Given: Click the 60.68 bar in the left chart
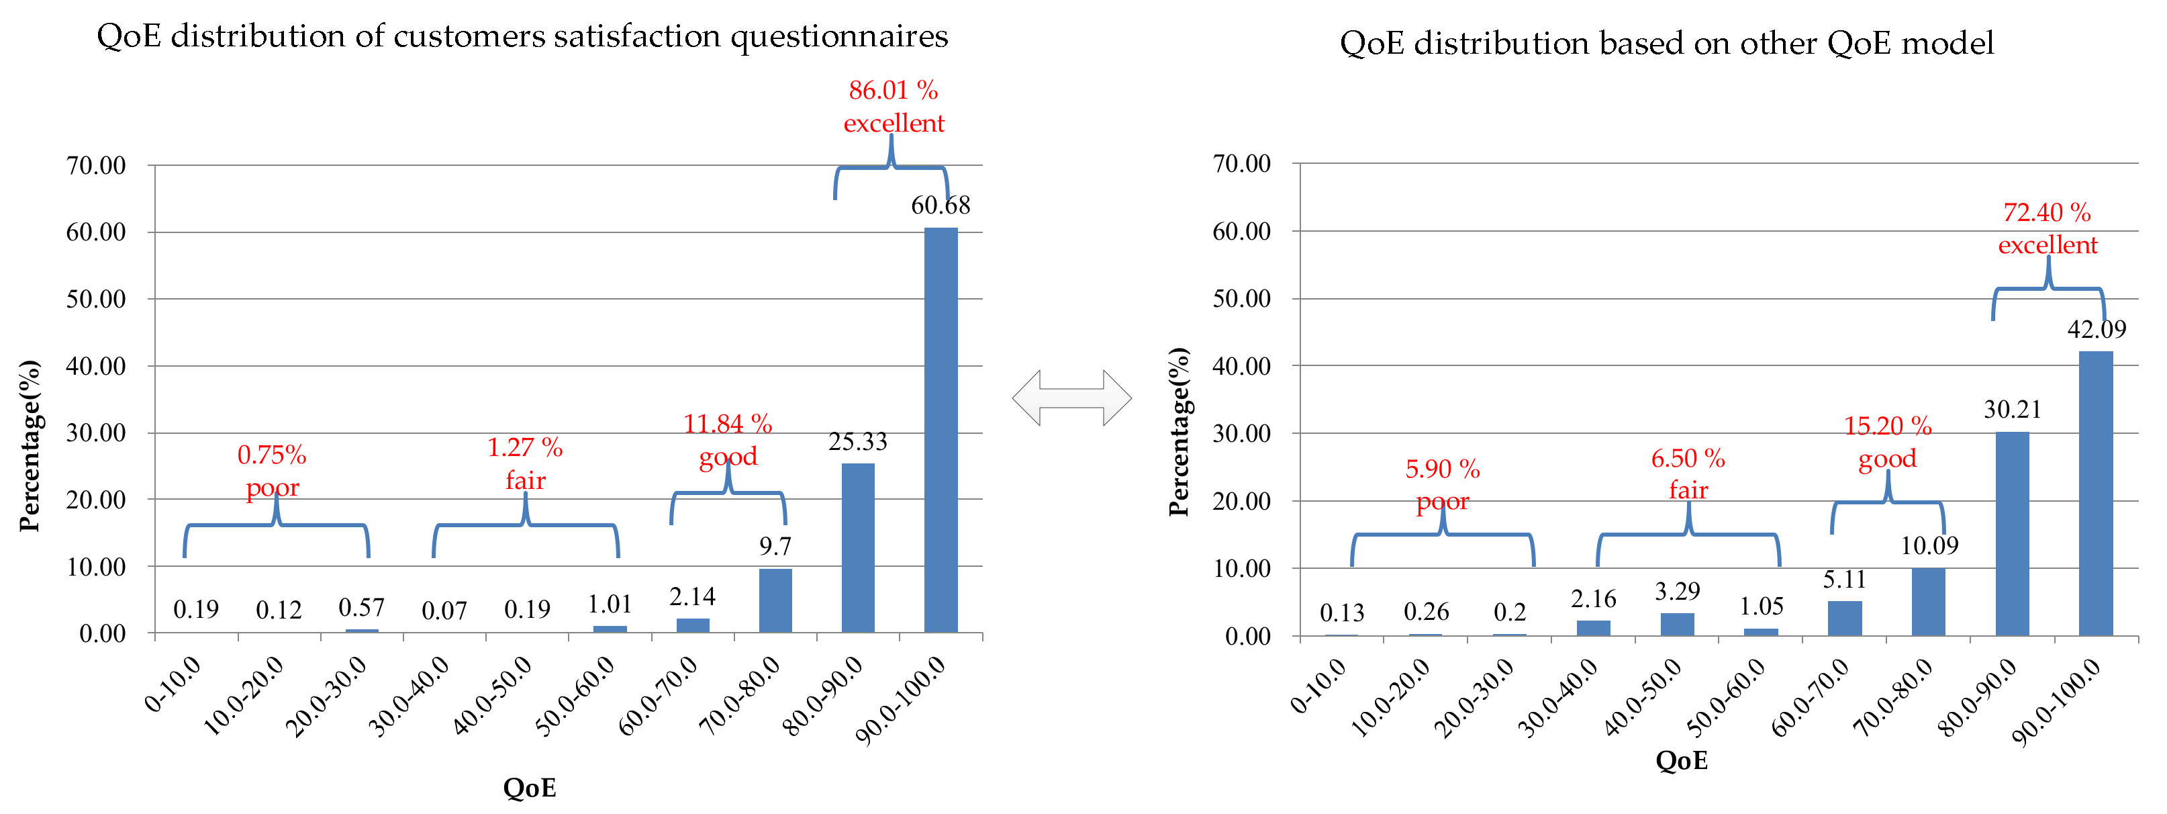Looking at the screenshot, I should click(941, 429).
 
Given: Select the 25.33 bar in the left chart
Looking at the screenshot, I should click(858, 547).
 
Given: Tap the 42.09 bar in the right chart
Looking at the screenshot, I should click(2095, 492).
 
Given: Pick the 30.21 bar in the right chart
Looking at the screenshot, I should click(2012, 534).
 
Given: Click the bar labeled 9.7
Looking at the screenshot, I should click(775, 600).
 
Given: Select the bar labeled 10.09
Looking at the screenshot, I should click(1928, 601).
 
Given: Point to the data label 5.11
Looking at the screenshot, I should click(1844, 579).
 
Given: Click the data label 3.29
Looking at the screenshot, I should click(1678, 591).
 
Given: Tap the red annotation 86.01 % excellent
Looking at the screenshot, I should click(894, 106).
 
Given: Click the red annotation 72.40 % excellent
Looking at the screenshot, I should click(2048, 228).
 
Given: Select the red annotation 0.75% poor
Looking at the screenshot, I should click(272, 471).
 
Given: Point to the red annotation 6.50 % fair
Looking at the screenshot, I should click(1688, 474).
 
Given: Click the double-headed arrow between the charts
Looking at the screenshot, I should click(1071, 398).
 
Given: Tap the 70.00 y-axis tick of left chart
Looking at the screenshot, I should click(96, 165).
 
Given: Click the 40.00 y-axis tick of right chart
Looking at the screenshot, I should click(1242, 366).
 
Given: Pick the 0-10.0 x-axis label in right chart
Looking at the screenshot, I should click(1319, 685).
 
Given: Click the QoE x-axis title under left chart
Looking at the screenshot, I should click(529, 788).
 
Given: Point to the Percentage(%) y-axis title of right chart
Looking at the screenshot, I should click(1179, 431).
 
